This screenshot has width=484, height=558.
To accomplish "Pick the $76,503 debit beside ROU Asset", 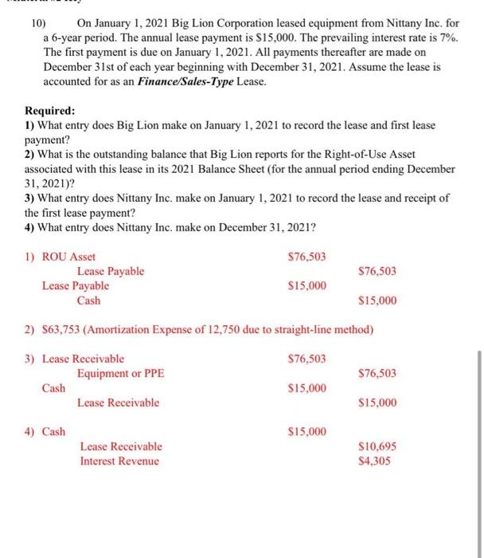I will click(306, 257).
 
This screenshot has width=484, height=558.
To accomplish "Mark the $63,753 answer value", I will click(61, 330).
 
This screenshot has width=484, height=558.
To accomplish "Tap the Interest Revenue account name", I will click(119, 461).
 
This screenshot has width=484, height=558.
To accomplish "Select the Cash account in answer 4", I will click(54, 432).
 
